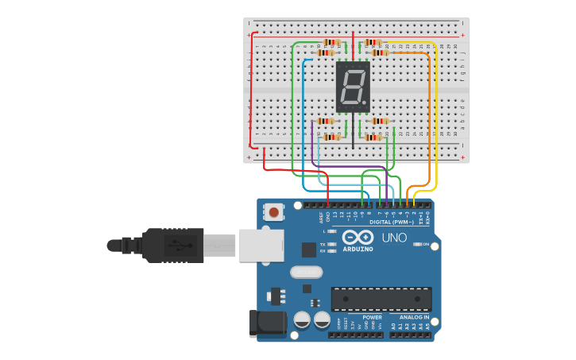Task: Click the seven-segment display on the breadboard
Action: click(x=353, y=87)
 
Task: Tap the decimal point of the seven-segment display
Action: click(x=365, y=103)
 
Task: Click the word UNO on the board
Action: click(x=394, y=238)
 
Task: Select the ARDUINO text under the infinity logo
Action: click(x=358, y=249)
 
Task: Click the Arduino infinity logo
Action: click(x=358, y=238)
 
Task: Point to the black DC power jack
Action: click(x=268, y=323)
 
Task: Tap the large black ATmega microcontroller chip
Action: click(x=381, y=299)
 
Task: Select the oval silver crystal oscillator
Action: click(x=306, y=272)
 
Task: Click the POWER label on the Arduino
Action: click(x=372, y=317)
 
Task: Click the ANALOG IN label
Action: click(x=414, y=317)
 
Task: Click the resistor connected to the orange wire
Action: click(x=380, y=52)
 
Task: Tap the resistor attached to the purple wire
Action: click(x=326, y=122)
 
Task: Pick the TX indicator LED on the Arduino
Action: click(x=331, y=244)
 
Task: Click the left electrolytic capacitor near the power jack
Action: click(x=302, y=319)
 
